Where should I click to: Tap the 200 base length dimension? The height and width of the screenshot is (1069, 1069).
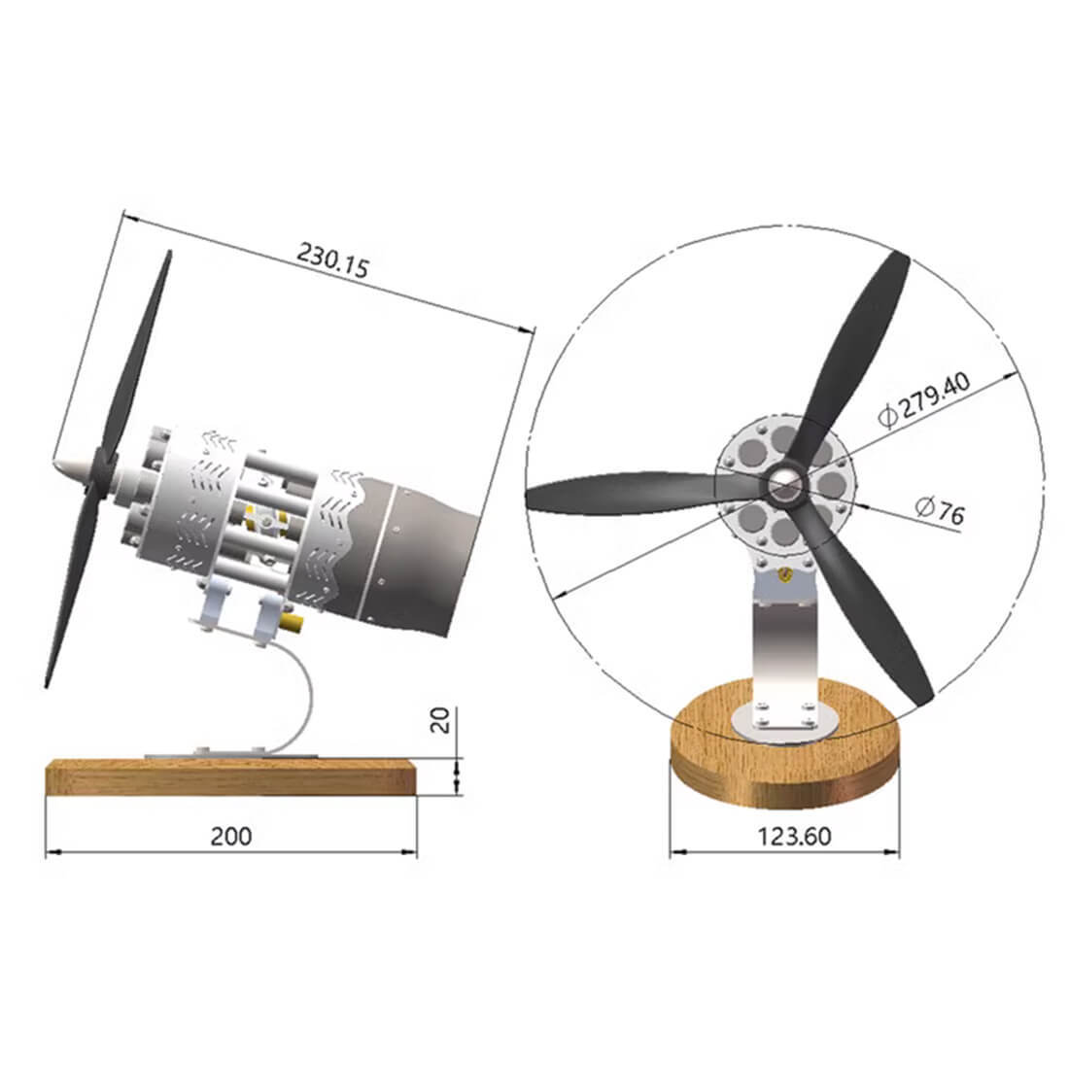tap(231, 836)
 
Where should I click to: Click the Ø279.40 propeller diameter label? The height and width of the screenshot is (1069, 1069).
tap(923, 399)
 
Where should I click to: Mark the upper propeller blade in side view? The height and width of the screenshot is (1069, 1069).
tap(141, 350)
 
